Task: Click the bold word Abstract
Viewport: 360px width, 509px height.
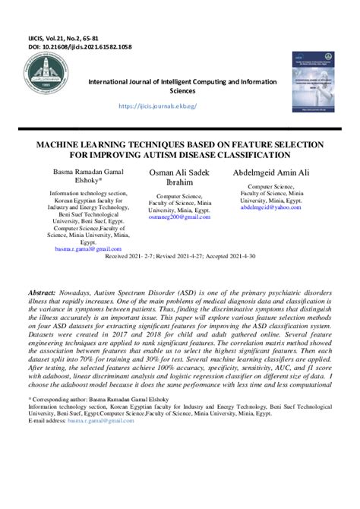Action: pyautogui.click(x=42, y=271)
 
